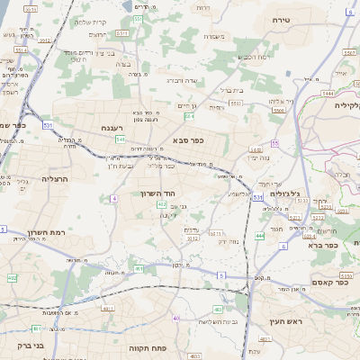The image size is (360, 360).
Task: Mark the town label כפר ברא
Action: pos(321,244)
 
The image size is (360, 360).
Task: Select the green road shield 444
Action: pos(259,236)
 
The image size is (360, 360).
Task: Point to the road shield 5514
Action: pos(21,51)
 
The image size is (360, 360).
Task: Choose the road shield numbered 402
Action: pos(161,205)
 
